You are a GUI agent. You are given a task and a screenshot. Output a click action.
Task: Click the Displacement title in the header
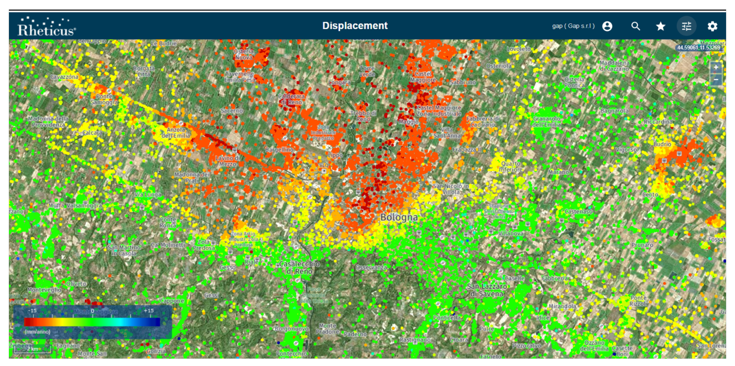355,26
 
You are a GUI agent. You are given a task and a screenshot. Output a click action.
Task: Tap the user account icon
607,26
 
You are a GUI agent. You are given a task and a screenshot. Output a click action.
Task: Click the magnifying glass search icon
635,26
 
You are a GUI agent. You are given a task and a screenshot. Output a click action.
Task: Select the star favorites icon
660,26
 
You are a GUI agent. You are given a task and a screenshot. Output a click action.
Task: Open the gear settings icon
713,26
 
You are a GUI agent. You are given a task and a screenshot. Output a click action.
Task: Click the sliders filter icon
686,26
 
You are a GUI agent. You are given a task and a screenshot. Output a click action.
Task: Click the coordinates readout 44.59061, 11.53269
699,48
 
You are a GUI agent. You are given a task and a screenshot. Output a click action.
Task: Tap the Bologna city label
399,217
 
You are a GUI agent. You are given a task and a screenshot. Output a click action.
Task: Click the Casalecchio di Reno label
299,267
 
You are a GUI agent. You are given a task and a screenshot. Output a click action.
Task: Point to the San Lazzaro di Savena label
487,290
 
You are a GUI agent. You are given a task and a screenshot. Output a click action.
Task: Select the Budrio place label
662,144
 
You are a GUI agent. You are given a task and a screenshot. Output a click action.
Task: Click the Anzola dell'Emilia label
176,133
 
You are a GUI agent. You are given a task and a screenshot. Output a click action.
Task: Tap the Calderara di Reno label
291,99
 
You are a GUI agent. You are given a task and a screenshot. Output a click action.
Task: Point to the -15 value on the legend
32,311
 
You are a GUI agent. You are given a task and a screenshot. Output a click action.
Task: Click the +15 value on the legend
149,311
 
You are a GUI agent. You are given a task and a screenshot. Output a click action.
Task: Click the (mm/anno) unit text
37,332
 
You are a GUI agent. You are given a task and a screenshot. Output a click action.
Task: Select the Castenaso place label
578,212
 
